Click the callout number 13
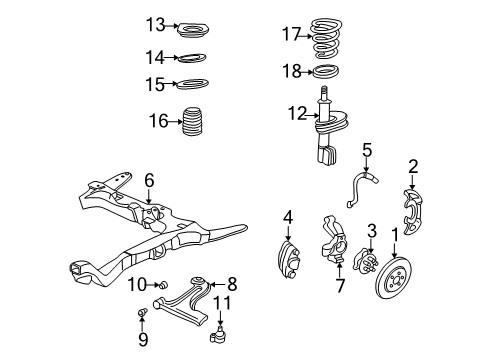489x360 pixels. tap(153, 23)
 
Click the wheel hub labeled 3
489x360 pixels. tap(358, 262)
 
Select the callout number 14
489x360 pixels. tap(153, 57)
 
